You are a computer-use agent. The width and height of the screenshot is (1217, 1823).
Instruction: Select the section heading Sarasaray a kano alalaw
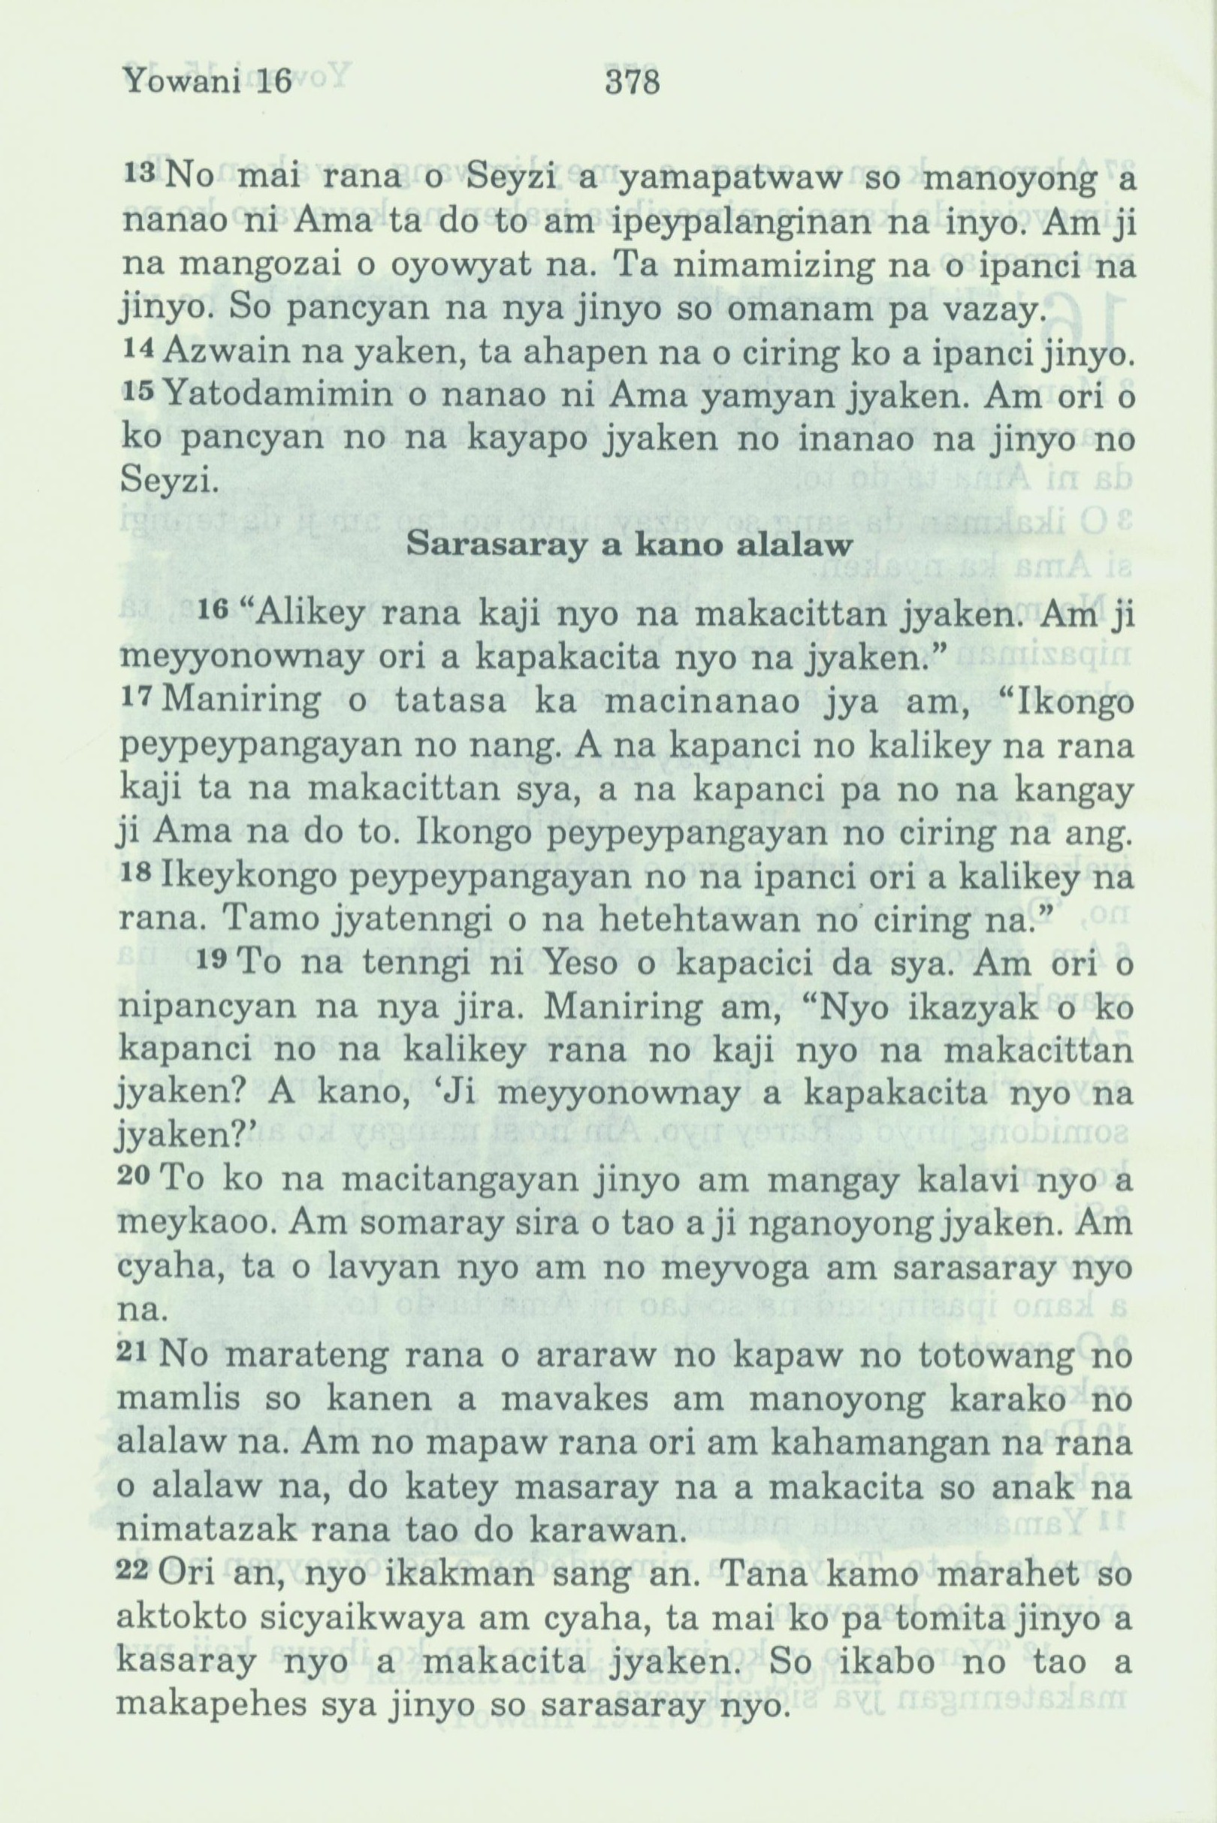tap(630, 544)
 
